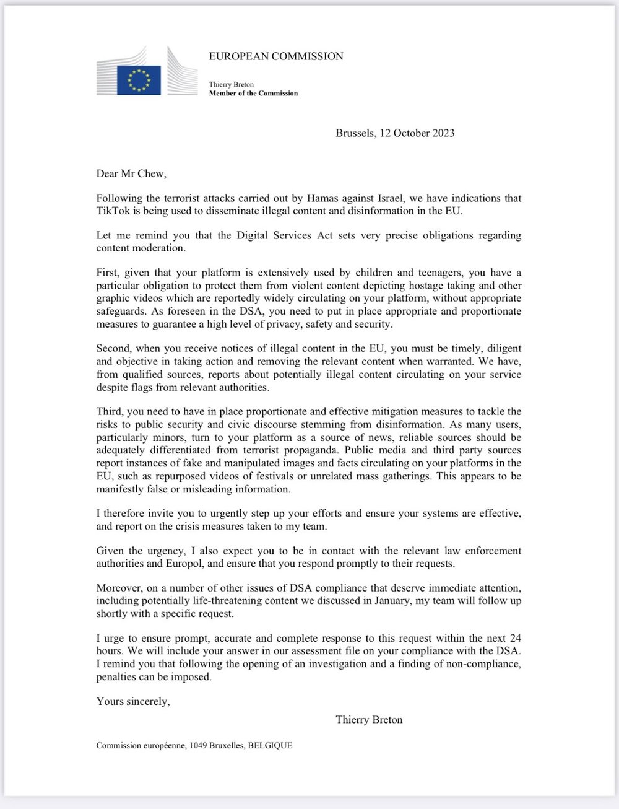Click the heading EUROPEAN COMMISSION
coord(276,56)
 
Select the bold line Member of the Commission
coord(253,94)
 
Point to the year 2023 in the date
coord(443,133)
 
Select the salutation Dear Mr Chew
coord(131,173)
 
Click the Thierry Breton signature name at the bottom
coord(369,719)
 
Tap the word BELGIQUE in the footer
coord(270,746)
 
